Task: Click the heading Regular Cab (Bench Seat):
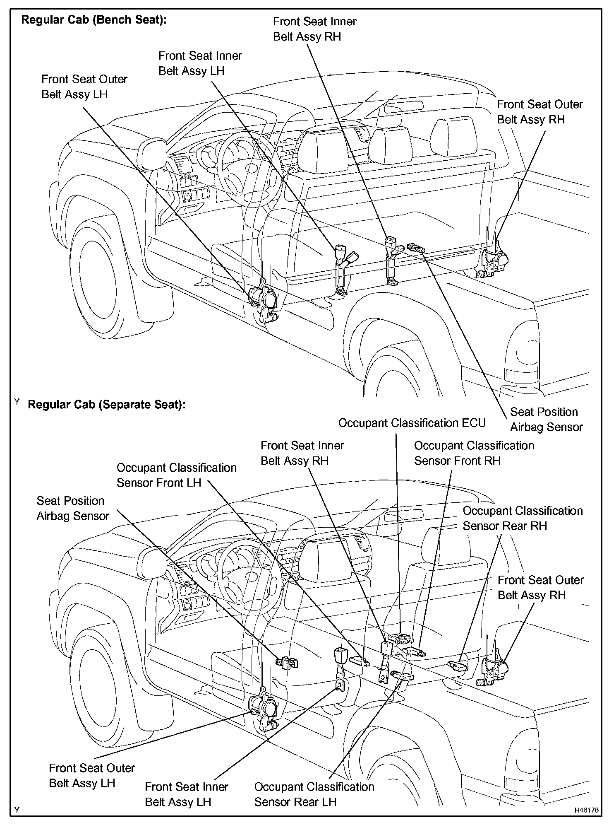click(x=94, y=20)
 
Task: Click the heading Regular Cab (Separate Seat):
click(x=106, y=405)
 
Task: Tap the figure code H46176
click(x=586, y=810)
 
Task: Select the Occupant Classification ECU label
click(x=412, y=423)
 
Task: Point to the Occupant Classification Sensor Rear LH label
click(x=314, y=794)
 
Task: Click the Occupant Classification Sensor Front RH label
click(x=474, y=453)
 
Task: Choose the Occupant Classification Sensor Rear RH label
click(x=522, y=518)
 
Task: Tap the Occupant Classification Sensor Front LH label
click(x=176, y=475)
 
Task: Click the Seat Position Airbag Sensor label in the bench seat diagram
click(x=546, y=419)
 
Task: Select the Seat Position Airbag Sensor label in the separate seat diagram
click(x=73, y=508)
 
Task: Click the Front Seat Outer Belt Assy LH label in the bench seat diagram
click(x=84, y=87)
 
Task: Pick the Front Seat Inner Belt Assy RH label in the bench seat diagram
click(x=314, y=29)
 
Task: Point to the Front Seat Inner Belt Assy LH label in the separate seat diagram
click(x=186, y=794)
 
